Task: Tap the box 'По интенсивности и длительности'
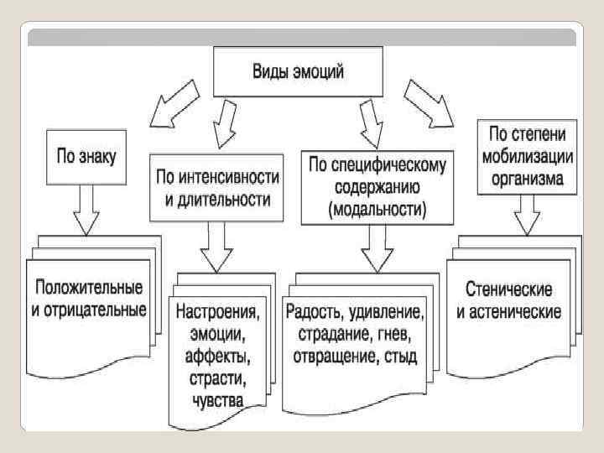point(216,188)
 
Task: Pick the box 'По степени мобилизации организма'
point(525,155)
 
